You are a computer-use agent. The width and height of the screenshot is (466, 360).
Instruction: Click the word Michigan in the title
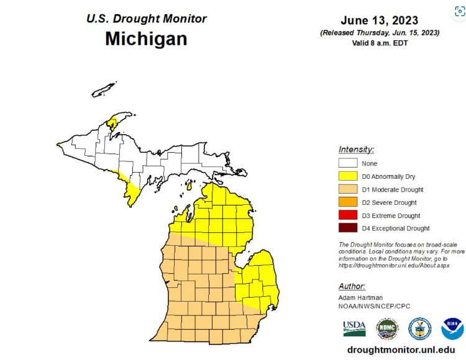146,38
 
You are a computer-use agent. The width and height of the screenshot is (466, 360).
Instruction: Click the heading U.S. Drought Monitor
145,19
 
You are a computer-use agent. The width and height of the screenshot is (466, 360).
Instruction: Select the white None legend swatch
347,163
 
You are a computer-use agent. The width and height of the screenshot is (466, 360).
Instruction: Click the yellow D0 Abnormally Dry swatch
347,176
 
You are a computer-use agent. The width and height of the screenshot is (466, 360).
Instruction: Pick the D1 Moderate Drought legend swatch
347,189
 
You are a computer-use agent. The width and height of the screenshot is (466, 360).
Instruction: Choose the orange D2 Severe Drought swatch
347,202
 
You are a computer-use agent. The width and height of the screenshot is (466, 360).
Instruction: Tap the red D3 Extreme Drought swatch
347,215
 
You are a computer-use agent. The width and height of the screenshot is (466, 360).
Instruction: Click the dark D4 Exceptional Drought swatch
347,228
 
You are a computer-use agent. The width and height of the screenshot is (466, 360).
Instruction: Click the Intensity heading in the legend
356,150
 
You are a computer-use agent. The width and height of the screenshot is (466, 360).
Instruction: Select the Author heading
352,286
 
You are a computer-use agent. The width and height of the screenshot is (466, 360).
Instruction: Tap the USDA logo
354,328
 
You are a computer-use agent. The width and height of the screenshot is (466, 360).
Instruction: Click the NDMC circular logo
387,328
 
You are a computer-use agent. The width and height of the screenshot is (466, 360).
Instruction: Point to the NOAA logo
452,328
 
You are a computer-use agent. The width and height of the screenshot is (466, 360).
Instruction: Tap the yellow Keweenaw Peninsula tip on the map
113,120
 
